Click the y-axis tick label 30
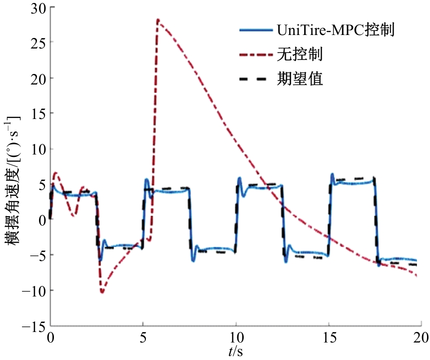(36, 7)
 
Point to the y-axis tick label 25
(36, 43)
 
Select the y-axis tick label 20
(36, 78)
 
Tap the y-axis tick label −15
(32, 326)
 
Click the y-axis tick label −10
(32, 290)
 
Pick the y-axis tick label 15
(36, 114)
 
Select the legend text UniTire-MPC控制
(336, 30)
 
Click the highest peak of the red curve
(158, 20)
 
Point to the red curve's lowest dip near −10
(102, 292)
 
